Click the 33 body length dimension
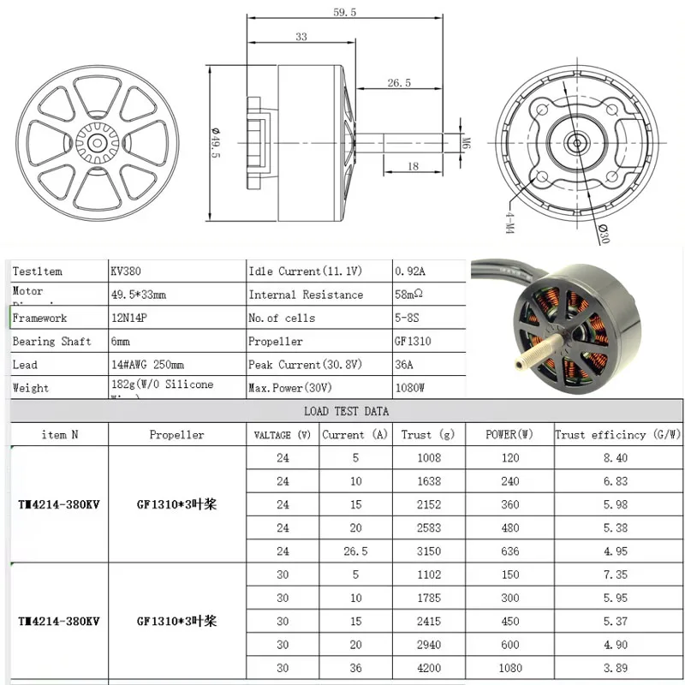301,36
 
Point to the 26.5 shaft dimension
399,82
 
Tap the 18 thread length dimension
413,166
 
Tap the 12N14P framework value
129,318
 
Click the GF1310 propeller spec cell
413,341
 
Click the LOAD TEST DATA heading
346,411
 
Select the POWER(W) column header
509,434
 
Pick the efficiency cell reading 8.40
616,458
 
